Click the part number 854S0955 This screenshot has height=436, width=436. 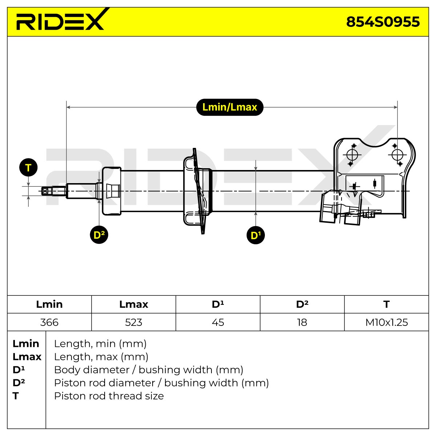(x=383, y=22)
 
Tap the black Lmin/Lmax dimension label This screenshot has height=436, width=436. (x=229, y=107)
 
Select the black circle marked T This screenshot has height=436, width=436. (x=28, y=167)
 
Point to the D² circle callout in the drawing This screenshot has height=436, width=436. (x=99, y=235)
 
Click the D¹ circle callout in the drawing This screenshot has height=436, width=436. (x=255, y=235)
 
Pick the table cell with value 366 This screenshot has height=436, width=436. (x=49, y=322)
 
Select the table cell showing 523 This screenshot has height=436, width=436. (x=133, y=322)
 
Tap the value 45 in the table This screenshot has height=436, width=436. (x=218, y=322)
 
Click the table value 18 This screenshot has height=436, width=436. (x=302, y=322)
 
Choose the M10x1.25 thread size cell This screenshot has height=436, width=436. (x=387, y=322)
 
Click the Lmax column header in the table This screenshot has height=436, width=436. (x=133, y=304)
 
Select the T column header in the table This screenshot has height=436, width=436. (x=387, y=304)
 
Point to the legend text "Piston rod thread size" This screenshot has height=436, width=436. (x=109, y=396)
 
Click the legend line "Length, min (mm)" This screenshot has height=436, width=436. (x=100, y=344)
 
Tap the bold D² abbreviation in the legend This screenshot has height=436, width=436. (x=19, y=383)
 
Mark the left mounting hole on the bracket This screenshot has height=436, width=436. (x=352, y=155)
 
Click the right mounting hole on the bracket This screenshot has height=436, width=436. (x=397, y=155)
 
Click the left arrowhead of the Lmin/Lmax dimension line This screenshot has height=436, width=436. (x=68, y=107)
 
